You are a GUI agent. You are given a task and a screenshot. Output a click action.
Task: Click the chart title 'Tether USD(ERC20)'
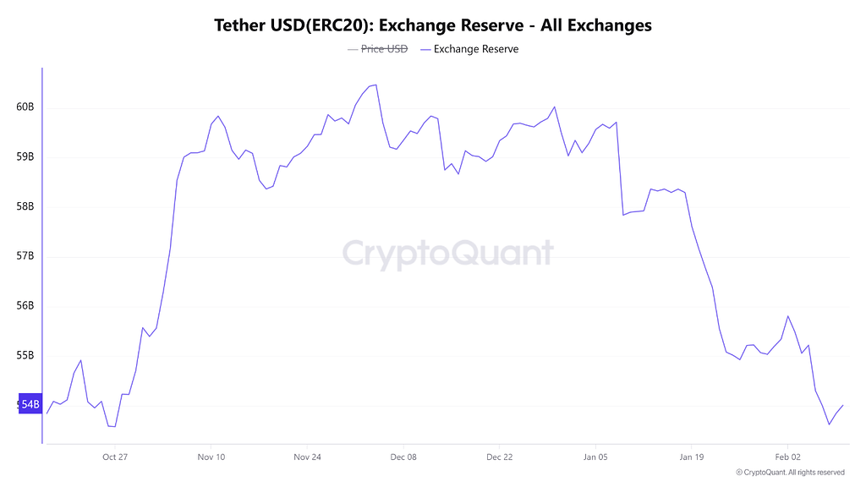(x=433, y=25)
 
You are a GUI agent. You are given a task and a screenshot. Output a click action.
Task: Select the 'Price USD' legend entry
(x=377, y=49)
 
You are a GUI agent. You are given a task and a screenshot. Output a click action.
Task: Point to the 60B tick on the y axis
(x=25, y=107)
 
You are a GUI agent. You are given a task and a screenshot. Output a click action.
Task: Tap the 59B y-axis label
(x=25, y=157)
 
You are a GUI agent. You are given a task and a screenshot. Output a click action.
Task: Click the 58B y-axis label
(x=25, y=206)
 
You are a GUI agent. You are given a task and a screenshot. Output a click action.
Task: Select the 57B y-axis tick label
(x=25, y=256)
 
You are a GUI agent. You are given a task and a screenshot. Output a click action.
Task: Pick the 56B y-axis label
(x=25, y=306)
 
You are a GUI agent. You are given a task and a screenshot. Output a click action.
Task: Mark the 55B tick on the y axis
(x=25, y=355)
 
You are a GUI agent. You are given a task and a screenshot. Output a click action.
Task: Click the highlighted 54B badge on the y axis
(x=29, y=405)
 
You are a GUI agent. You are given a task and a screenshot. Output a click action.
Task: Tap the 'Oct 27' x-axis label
(x=114, y=457)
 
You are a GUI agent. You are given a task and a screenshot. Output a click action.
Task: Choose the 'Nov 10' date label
(x=211, y=457)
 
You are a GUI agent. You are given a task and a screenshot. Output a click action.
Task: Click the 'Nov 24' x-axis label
(x=307, y=457)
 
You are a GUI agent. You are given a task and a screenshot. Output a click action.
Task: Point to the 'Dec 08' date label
(x=403, y=457)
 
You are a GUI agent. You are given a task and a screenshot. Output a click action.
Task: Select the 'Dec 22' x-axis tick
(x=499, y=457)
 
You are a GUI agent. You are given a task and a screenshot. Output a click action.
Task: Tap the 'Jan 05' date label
(x=595, y=457)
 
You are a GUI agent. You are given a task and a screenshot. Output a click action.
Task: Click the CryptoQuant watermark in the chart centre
(x=447, y=253)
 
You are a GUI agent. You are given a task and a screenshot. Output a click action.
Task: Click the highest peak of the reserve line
(x=375, y=85)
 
